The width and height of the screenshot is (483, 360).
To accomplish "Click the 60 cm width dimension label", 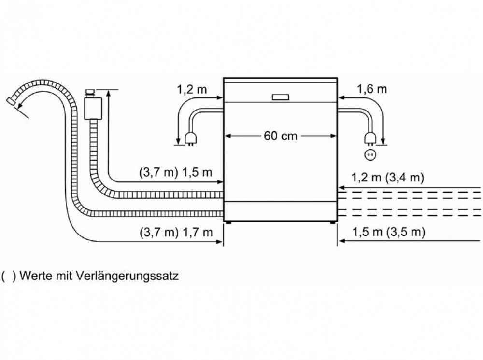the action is click(x=280, y=136).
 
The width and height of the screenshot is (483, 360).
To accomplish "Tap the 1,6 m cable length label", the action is click(x=371, y=89).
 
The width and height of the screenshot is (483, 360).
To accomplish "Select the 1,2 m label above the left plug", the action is click(x=192, y=90).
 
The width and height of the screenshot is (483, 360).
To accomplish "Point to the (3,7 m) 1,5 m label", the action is click(x=176, y=172).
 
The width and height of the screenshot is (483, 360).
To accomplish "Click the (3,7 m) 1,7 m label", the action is click(x=176, y=232).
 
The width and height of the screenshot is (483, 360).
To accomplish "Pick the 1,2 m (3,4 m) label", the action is click(x=387, y=178).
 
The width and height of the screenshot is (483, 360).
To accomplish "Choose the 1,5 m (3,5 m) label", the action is click(x=388, y=232).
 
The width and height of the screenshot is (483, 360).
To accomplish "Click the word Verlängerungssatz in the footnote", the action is click(x=127, y=276).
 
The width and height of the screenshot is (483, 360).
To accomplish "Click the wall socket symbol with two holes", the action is click(x=370, y=155).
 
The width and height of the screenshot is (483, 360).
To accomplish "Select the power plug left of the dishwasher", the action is click(x=191, y=139).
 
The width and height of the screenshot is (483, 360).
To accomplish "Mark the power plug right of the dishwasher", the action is click(x=370, y=139).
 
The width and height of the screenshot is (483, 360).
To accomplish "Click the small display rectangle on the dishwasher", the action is click(x=280, y=97).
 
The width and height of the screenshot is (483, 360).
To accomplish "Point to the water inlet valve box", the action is click(x=93, y=108).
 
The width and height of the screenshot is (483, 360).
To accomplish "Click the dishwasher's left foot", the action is click(x=228, y=222).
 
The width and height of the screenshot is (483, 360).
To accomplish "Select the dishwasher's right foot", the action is click(x=333, y=222).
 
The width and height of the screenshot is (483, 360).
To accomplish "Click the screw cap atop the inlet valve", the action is click(x=90, y=92).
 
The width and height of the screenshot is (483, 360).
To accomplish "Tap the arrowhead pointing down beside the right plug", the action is click(x=383, y=141).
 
